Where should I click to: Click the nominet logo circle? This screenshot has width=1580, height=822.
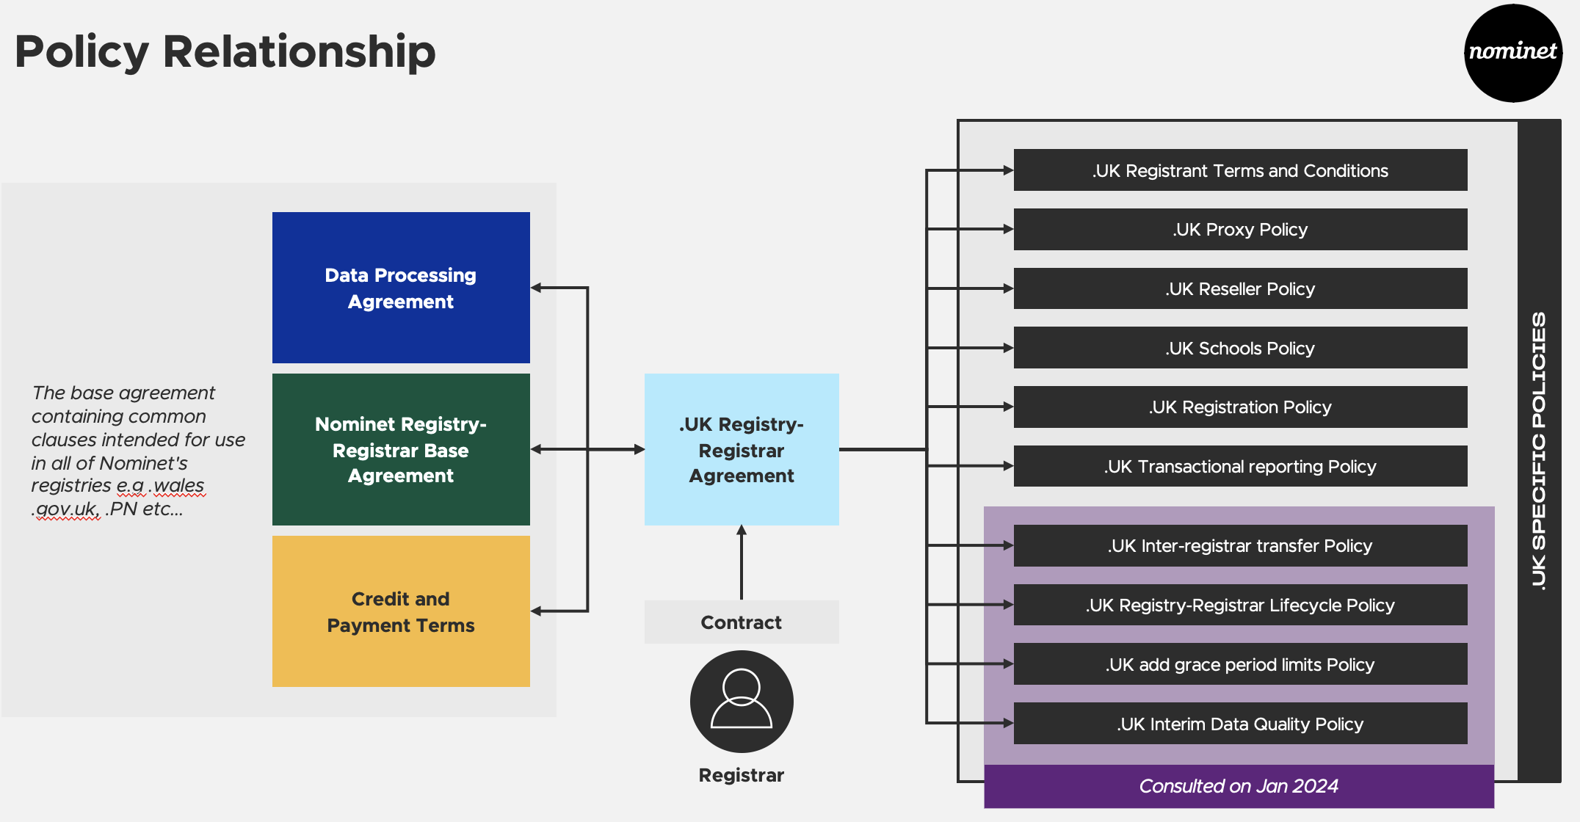coord(1513,53)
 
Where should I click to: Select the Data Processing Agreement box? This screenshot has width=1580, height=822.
coord(401,288)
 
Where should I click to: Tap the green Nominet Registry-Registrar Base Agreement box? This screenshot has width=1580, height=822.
coord(401,449)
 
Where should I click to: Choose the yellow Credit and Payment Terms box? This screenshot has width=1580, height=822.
coord(401,611)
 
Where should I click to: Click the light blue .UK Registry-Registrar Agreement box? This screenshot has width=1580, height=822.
coord(742,449)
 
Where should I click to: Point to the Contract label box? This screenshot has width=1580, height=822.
coord(742,622)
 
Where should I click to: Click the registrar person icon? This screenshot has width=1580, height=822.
coord(742,702)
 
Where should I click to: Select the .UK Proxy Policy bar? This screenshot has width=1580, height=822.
coord(1241,230)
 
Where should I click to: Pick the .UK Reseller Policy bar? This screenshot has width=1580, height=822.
coord(1241,288)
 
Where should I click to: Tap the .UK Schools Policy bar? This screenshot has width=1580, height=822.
coord(1241,348)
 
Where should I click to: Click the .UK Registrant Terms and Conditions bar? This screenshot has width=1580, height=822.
coord(1241,170)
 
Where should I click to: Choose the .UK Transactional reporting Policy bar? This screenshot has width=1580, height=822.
coord(1241,466)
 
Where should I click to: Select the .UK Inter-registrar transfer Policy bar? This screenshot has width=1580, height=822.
coord(1241,545)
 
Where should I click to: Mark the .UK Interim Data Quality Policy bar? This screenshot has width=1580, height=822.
coord(1241,724)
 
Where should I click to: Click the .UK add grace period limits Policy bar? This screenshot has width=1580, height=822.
coord(1241,664)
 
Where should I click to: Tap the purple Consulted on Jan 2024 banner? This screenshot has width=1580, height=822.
coord(1239,786)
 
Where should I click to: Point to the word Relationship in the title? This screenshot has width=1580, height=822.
coord(300,52)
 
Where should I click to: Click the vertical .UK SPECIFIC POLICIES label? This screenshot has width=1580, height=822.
coord(1539,451)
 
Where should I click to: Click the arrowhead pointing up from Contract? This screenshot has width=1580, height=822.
coord(742,530)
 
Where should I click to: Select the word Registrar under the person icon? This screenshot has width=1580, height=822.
coord(742,775)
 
